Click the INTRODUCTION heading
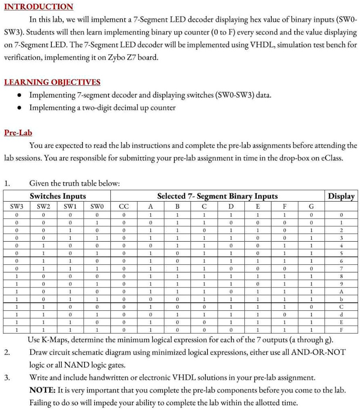click(39, 7)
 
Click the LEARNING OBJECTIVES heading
click(52, 82)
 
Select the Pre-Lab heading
click(18, 133)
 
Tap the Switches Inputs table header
click(58, 196)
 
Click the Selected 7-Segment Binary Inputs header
click(217, 196)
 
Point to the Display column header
click(341, 196)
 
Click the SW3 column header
click(17, 206)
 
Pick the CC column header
click(124, 206)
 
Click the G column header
click(311, 206)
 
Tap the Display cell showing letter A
click(341, 291)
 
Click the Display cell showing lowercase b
click(341, 299)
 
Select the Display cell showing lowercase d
click(341, 314)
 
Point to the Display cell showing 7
click(341, 268)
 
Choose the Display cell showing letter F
click(341, 330)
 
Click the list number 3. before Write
click(7, 378)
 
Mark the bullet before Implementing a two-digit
click(18, 108)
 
